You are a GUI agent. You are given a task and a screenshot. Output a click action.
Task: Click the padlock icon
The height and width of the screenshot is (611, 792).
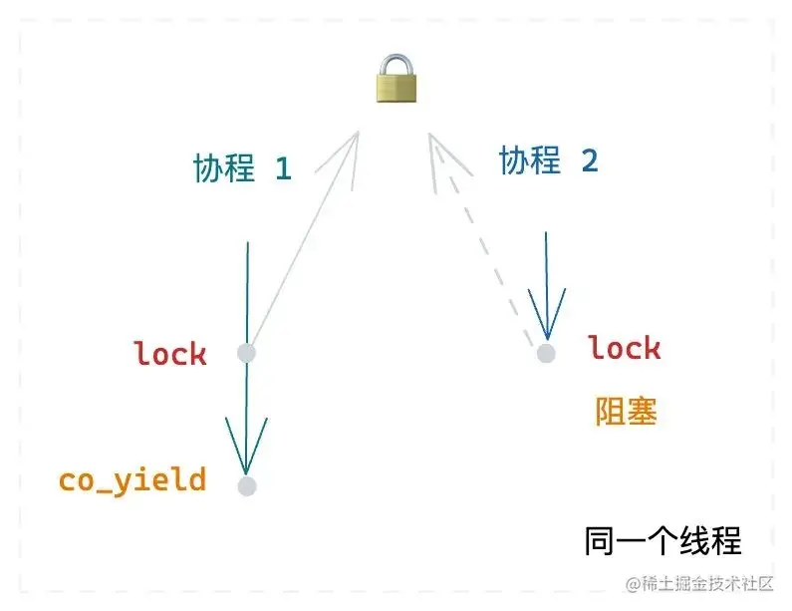click(396, 80)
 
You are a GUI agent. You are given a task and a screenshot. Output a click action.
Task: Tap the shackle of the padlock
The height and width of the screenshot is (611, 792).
click(396, 63)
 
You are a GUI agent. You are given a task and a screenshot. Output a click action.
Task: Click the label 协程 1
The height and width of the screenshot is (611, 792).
click(242, 168)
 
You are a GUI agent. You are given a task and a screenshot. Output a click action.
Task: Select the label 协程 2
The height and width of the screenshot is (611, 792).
click(548, 160)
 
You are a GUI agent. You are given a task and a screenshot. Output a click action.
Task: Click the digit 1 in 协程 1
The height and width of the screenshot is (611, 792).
click(283, 169)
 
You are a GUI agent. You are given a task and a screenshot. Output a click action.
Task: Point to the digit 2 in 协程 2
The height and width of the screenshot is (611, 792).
click(589, 161)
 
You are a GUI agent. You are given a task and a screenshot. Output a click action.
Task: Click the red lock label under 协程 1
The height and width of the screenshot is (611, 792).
click(170, 353)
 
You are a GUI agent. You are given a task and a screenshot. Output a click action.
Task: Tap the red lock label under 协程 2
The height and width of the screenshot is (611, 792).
click(624, 348)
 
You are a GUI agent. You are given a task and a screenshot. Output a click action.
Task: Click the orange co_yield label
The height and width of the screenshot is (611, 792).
click(132, 480)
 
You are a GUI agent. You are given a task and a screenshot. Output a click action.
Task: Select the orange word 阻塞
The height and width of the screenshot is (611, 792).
click(626, 412)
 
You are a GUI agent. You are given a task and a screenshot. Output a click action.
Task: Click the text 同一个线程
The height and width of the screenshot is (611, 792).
click(661, 541)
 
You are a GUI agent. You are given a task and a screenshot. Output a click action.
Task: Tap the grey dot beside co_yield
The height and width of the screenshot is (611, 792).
click(247, 486)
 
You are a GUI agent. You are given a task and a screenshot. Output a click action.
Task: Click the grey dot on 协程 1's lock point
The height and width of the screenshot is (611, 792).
click(247, 353)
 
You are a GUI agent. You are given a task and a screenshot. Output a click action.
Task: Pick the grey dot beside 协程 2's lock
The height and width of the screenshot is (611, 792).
click(545, 353)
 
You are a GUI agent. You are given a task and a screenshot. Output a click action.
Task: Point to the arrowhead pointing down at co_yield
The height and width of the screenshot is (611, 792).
click(246, 449)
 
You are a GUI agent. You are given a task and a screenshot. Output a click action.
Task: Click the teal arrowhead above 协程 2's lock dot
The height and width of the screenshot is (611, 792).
click(546, 314)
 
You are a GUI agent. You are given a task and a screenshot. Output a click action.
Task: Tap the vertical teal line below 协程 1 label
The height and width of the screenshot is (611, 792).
click(247, 289)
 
